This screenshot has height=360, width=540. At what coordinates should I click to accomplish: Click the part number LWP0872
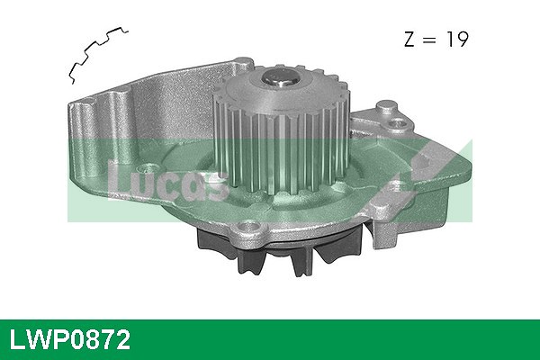71,339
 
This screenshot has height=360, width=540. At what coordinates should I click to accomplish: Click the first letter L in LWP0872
17,339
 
